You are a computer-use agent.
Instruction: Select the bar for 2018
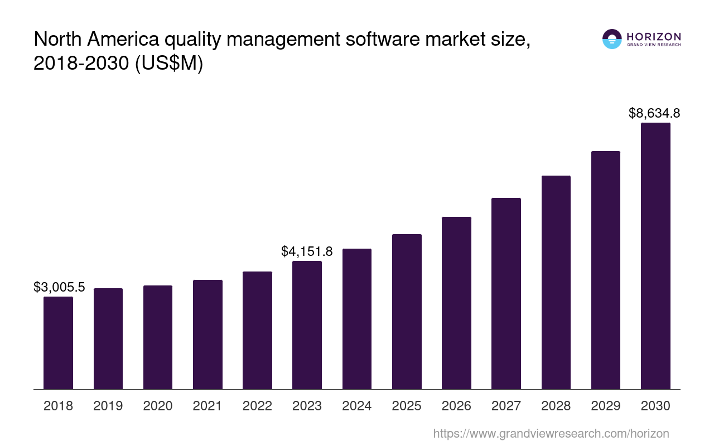[58, 343]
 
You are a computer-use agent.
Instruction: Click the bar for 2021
[208, 334]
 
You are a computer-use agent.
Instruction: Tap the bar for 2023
[307, 325]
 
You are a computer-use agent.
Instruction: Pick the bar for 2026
[456, 303]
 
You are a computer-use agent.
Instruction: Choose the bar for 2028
[556, 282]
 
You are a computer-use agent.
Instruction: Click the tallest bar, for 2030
[655, 256]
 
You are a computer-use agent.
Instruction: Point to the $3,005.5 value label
[59, 287]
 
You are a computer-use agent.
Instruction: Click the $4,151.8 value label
[307, 251]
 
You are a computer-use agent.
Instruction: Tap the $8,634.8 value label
[654, 113]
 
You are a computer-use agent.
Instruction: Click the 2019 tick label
[108, 406]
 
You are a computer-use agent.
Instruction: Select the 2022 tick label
[257, 406]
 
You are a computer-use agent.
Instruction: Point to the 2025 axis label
[407, 406]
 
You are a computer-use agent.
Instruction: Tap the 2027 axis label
[506, 406]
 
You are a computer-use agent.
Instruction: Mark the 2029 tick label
[606, 406]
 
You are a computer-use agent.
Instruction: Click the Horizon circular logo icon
[612, 39]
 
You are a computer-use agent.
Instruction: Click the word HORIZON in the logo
[654, 37]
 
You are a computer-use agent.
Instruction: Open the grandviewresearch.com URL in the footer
[551, 433]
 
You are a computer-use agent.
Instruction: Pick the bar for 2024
[357, 319]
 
